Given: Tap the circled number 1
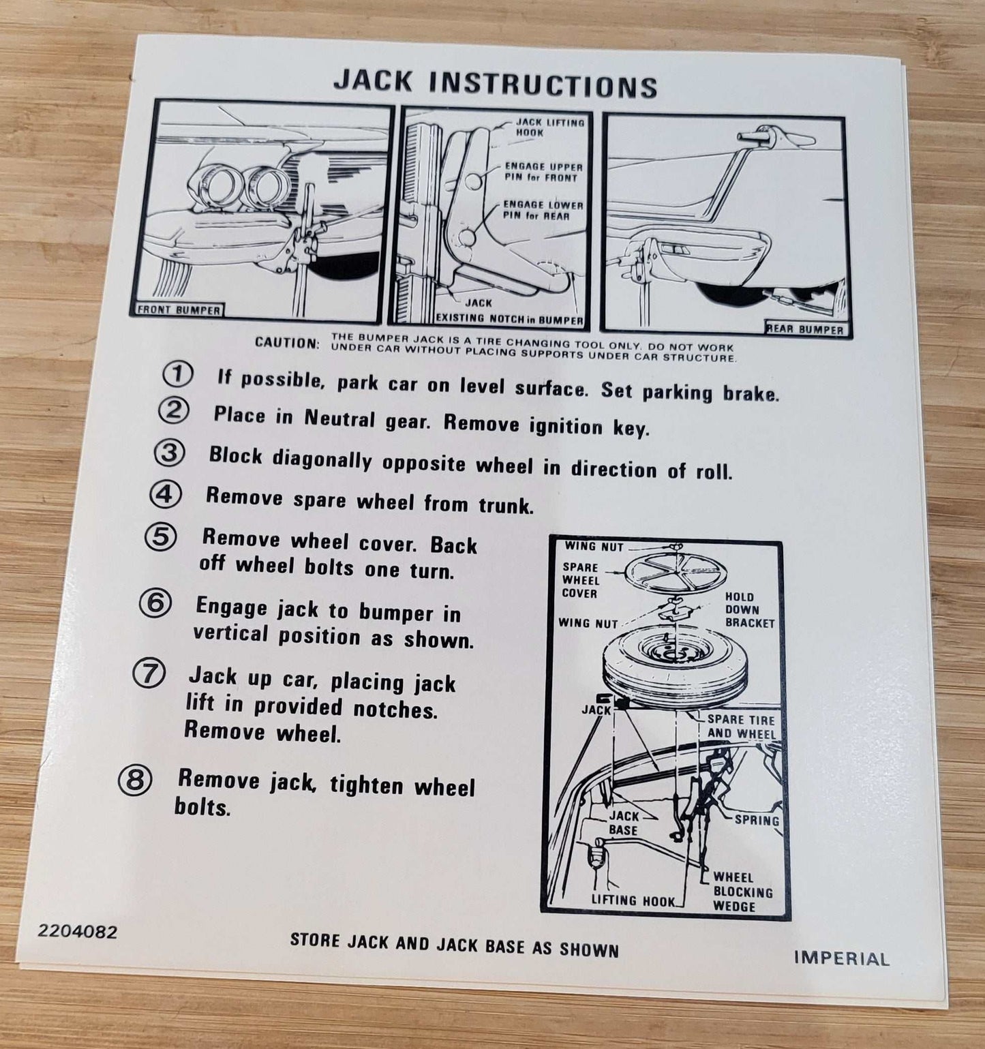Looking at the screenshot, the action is click(x=177, y=374).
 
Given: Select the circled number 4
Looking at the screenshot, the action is click(x=166, y=493).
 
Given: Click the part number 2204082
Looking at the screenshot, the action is click(x=78, y=931).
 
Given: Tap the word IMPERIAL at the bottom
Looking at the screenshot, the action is click(x=841, y=958).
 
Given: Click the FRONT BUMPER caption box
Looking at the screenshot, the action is click(x=179, y=309).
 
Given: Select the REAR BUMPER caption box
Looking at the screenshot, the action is click(x=805, y=329).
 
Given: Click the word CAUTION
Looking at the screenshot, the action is click(x=286, y=342).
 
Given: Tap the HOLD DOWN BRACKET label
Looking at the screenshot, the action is click(x=750, y=610).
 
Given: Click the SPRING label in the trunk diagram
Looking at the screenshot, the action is click(x=757, y=820).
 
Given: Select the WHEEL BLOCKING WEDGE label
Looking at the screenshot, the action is click(x=743, y=892).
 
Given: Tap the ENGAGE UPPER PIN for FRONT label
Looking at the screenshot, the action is click(x=543, y=172).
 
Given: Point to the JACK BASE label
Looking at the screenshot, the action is click(x=624, y=823).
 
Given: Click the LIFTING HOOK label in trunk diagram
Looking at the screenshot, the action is click(x=633, y=900).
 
